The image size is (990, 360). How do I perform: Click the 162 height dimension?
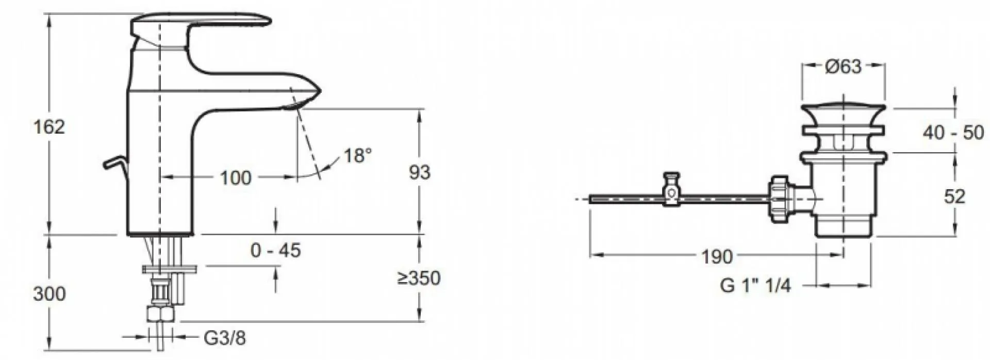click(49, 127)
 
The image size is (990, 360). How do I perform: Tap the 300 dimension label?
click(49, 294)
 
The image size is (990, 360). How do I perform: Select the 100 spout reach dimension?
click(236, 178)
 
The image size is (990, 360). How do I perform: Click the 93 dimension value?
click(419, 173)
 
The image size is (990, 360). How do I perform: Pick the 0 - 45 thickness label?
click(275, 251)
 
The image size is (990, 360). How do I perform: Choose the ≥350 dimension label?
click(419, 279)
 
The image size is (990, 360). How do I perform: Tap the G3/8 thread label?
click(225, 338)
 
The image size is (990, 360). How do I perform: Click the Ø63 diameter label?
click(843, 67)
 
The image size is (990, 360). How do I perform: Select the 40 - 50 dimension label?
click(953, 133)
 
